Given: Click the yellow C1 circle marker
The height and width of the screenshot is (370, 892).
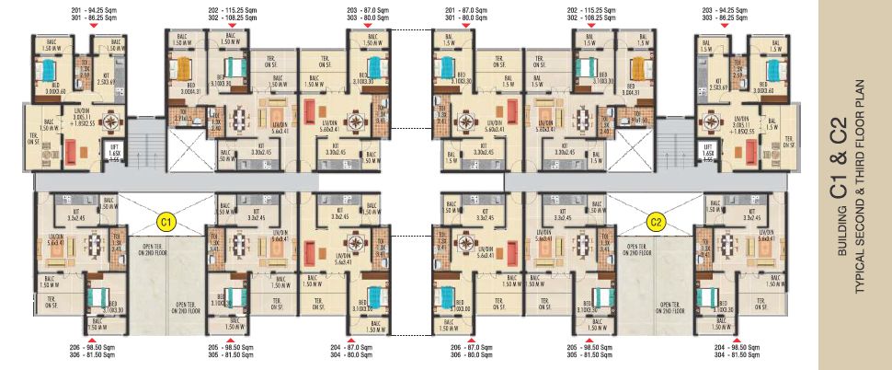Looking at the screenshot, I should click(x=166, y=221).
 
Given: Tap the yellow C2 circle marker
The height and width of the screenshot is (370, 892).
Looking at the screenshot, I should click(x=656, y=221).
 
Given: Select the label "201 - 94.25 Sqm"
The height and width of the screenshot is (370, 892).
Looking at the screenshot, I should click(x=93, y=8).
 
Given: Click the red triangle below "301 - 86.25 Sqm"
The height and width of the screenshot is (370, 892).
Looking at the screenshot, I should click(x=93, y=27).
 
